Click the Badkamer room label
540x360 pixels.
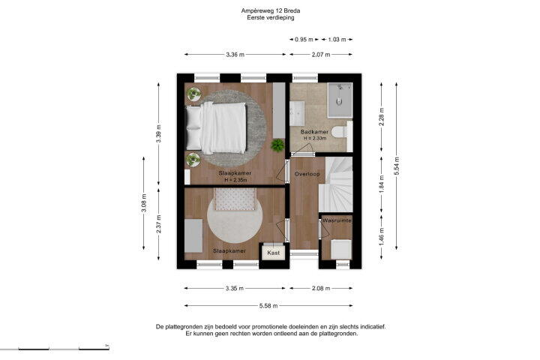pyautogui.click(x=314, y=131)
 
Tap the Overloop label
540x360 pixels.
pyautogui.click(x=307, y=174)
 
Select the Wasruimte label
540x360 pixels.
pyautogui.click(x=337, y=220)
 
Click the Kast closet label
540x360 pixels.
pyautogui.click(x=274, y=253)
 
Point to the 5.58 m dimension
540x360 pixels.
pyautogui.click(x=268, y=305)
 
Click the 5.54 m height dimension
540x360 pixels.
pyautogui.click(x=397, y=166)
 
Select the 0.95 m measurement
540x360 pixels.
pyautogui.click(x=304, y=39)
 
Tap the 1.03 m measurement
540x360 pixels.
pyautogui.click(x=337, y=39)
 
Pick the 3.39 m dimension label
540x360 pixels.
pyautogui.click(x=158, y=133)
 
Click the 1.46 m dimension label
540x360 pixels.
pyautogui.click(x=381, y=237)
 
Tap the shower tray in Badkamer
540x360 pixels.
pyautogui.click(x=340, y=100)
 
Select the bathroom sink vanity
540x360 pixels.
pyautogui.click(x=297, y=113)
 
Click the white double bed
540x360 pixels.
pyautogui.click(x=216, y=128)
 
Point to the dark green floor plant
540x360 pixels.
pyautogui.click(x=277, y=145)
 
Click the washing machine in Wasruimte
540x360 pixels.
pyautogui.click(x=341, y=250)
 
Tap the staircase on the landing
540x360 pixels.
pyautogui.click(x=337, y=184)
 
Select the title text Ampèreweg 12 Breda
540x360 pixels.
pyautogui.click(x=270, y=10)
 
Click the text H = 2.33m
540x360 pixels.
pyautogui.click(x=315, y=138)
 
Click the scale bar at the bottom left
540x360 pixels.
pyautogui.click(x=55, y=349)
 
